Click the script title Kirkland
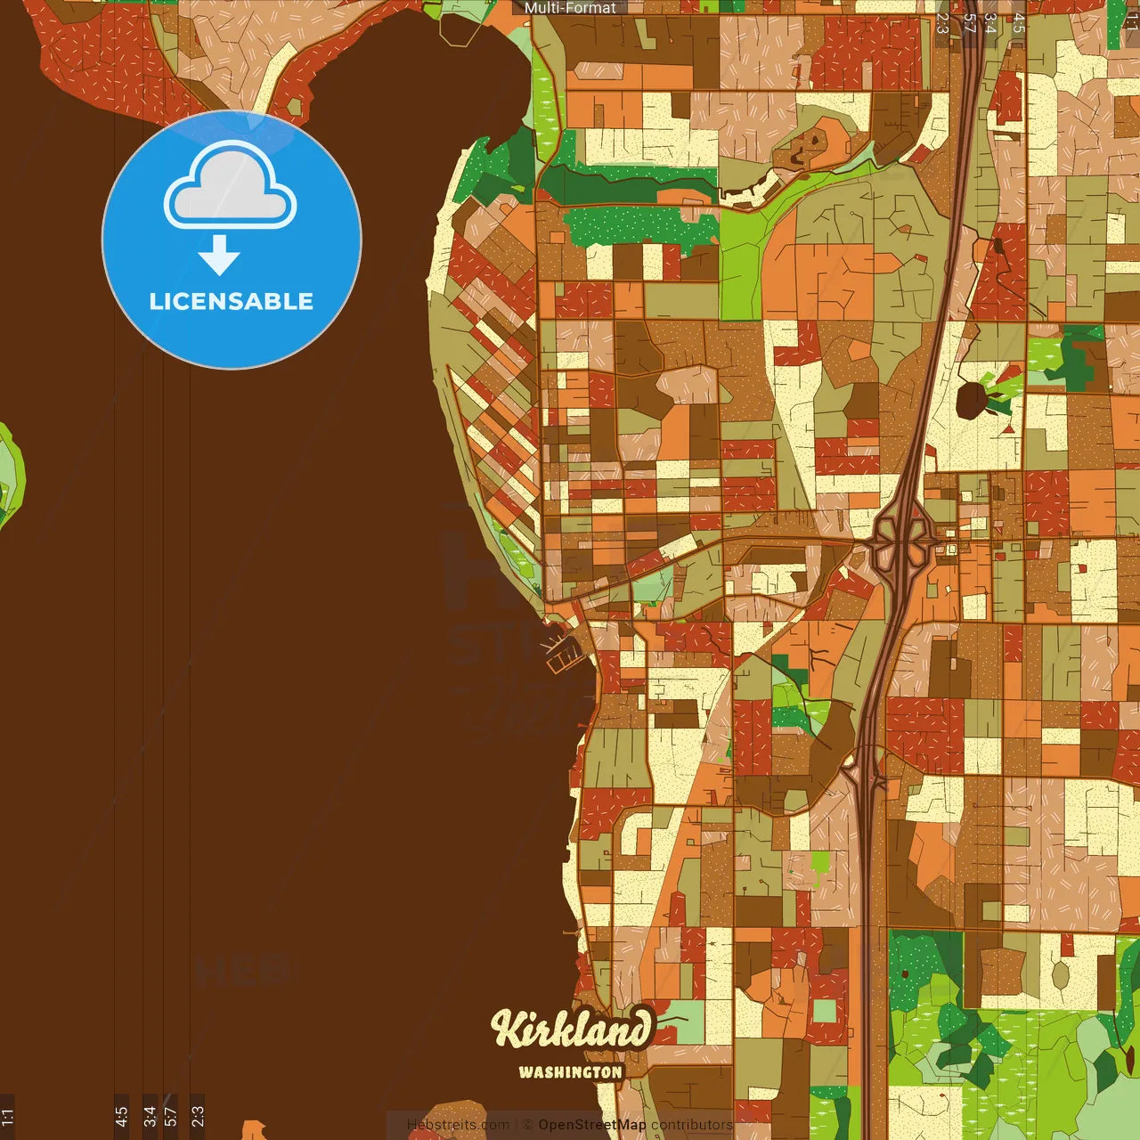[x=572, y=1030]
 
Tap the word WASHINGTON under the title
[x=571, y=1072]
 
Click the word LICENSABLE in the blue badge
[x=232, y=301]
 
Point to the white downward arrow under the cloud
[x=219, y=255]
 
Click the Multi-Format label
[x=570, y=8]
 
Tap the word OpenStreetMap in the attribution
[x=592, y=1125]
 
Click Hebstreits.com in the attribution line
[x=458, y=1125]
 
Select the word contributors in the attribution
[x=692, y=1125]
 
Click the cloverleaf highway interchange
[x=905, y=538]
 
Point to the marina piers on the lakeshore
[x=562, y=651]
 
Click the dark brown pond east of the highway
[x=973, y=400]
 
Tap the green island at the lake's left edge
[x=9, y=476]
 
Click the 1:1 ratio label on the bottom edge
[x=7, y=1116]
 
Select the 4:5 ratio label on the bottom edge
[x=121, y=1116]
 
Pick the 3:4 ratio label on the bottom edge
[x=150, y=1116]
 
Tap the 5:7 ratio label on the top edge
[x=969, y=22]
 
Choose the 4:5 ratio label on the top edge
[x=1019, y=22]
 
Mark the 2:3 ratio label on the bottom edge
[x=198, y=1116]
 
